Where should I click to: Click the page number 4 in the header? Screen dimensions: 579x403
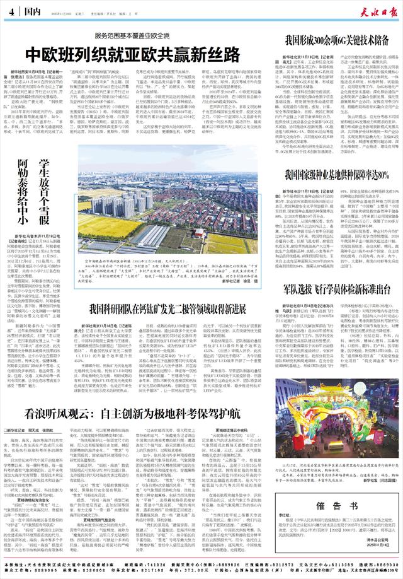click(x=11, y=11)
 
